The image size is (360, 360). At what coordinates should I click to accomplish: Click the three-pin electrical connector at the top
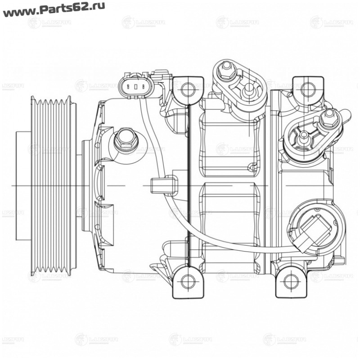pos(134,85)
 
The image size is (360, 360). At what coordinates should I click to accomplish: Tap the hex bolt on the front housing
pos(125,140)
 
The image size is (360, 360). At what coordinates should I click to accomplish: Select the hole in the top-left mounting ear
pos(188,90)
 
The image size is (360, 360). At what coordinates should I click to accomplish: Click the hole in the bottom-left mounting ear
pos(188,282)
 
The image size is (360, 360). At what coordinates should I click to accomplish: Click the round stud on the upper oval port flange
pos(247,92)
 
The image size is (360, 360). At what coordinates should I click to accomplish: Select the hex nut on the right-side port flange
pos(329,118)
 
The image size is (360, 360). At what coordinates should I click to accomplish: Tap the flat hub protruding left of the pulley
pos(22,184)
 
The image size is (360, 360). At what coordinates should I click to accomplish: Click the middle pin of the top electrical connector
pos(134,86)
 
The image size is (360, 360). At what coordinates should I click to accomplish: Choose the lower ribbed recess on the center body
pos(229,225)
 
